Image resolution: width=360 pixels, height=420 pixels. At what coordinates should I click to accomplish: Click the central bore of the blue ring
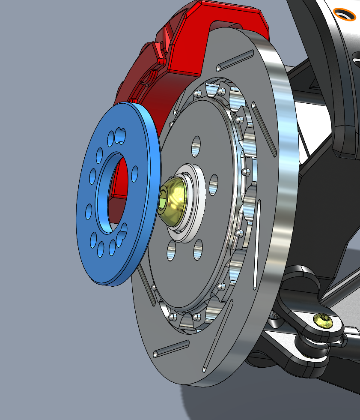[112, 189]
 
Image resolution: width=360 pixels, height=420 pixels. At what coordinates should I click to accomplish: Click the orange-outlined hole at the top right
[345, 14]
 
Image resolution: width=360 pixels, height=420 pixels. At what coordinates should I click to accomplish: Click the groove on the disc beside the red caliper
[235, 60]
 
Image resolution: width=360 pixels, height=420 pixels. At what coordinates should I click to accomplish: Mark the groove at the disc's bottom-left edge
[171, 348]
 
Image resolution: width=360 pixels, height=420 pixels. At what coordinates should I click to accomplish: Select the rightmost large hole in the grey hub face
[214, 185]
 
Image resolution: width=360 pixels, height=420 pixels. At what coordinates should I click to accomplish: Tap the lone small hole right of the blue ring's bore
[135, 172]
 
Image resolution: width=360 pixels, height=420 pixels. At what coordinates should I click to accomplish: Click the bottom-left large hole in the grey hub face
[171, 250]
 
